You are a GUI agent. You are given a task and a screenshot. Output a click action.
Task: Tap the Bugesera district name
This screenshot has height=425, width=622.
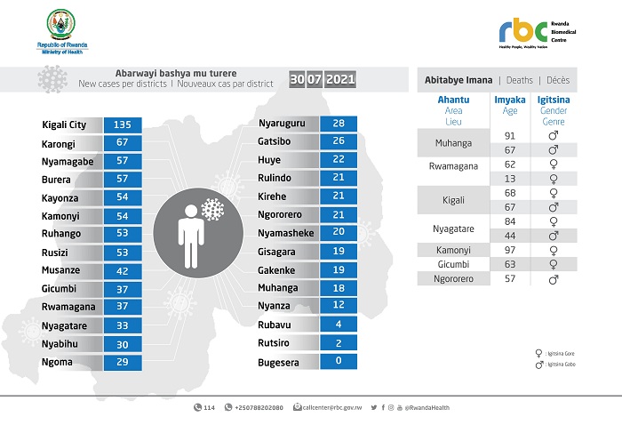[279, 363]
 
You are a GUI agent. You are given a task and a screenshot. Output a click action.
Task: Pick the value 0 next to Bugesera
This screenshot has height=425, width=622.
[339, 363]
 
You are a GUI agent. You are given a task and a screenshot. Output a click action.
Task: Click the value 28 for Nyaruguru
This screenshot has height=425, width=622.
[339, 124]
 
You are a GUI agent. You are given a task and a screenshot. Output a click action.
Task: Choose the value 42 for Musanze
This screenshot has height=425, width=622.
[124, 271]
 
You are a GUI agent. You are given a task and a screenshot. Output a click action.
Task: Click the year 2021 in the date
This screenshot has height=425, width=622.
[341, 80]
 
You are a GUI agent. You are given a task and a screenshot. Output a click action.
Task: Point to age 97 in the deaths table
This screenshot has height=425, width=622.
[509, 249]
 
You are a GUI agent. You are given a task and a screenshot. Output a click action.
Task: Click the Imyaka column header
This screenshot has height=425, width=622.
[509, 100]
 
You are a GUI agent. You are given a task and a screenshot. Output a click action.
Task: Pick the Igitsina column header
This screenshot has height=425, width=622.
[554, 100]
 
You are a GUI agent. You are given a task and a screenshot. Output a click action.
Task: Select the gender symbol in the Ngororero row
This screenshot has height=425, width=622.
[554, 279]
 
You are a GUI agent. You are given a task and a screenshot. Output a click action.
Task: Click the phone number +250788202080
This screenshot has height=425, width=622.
[258, 408]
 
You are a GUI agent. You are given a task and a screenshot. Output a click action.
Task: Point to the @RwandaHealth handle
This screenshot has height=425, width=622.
[427, 408]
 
